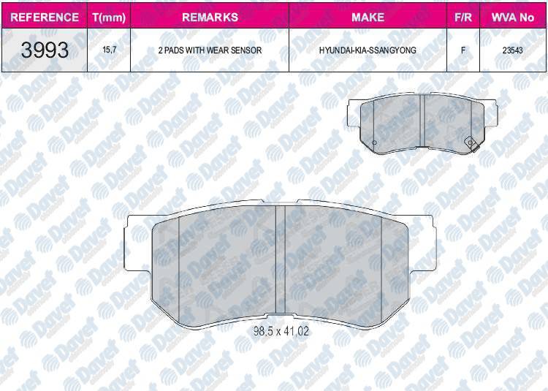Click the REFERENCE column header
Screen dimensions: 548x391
[45, 17]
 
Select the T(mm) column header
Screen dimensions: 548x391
[109, 18]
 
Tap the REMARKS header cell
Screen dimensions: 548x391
[210, 17]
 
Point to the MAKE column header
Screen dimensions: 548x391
[368, 17]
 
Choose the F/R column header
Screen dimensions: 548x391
[463, 17]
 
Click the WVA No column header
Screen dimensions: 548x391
[513, 17]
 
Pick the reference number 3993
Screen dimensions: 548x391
[45, 50]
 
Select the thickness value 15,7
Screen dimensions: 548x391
[110, 50]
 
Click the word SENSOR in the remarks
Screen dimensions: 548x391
[246, 50]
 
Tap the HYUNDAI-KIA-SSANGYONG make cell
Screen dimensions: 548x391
[368, 50]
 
